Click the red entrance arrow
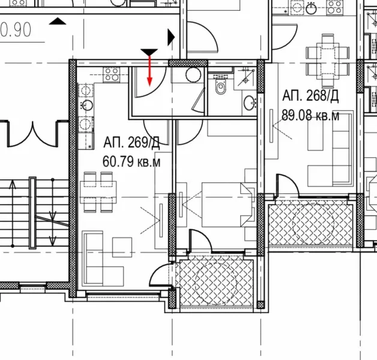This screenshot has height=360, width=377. click(149, 74)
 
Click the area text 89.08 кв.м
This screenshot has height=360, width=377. click(311, 115)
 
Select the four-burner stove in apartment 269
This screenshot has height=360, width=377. click(112, 74)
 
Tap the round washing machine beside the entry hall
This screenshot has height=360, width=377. click(193, 75)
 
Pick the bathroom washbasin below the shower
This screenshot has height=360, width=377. click(249, 103)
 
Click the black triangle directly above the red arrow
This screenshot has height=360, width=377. click(149, 53)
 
